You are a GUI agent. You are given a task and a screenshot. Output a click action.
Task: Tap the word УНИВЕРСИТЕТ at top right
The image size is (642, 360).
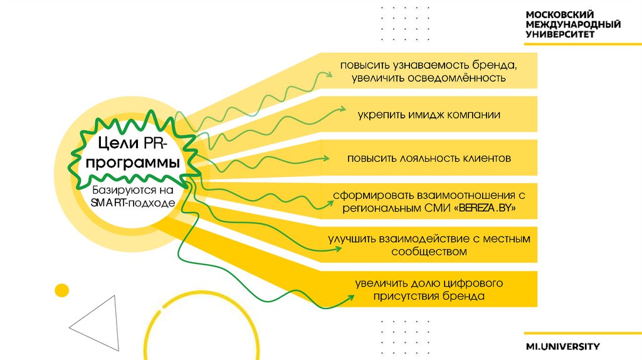coord(560,35)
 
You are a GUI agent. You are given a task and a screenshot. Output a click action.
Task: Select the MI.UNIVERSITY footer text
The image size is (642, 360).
coord(563,346)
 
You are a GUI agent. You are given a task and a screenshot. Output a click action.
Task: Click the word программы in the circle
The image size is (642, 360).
coord(132,163)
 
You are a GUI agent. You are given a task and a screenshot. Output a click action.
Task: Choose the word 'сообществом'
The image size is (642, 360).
coord(429,251)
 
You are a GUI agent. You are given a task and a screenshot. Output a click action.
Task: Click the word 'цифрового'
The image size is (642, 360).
coord(473,283)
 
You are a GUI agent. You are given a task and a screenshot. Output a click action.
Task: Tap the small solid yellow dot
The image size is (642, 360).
coord(61,290)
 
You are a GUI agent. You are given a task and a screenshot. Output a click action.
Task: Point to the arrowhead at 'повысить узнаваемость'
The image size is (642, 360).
coord(329,75)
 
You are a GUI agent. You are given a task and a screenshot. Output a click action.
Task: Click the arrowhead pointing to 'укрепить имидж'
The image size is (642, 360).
coord(342,110)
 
